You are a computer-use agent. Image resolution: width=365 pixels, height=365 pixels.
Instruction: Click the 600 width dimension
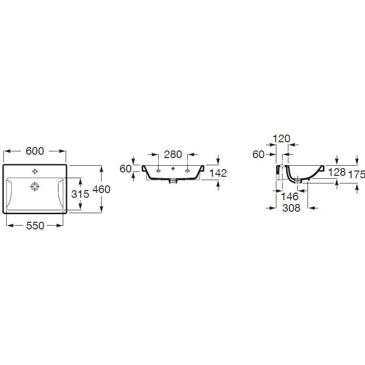tap(34, 151)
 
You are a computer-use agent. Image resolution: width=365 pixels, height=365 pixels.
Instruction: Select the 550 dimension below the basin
tap(35, 226)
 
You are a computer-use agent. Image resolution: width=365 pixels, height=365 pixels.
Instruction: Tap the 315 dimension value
tap(80, 194)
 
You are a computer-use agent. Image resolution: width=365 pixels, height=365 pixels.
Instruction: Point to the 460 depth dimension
tap(101, 189)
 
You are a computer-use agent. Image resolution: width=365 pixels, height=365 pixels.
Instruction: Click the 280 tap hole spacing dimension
tap(173, 154)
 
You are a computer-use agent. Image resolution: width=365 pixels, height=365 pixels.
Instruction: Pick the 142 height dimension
tap(218, 173)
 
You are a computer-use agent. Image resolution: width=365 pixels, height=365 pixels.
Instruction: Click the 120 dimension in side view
tap(282, 139)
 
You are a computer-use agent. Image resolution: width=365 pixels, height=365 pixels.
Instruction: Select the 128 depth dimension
tap(337, 172)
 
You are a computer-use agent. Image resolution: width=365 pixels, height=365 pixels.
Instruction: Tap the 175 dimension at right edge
tap(356, 174)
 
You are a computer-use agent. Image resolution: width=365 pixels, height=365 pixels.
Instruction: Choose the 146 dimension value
tap(290, 196)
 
